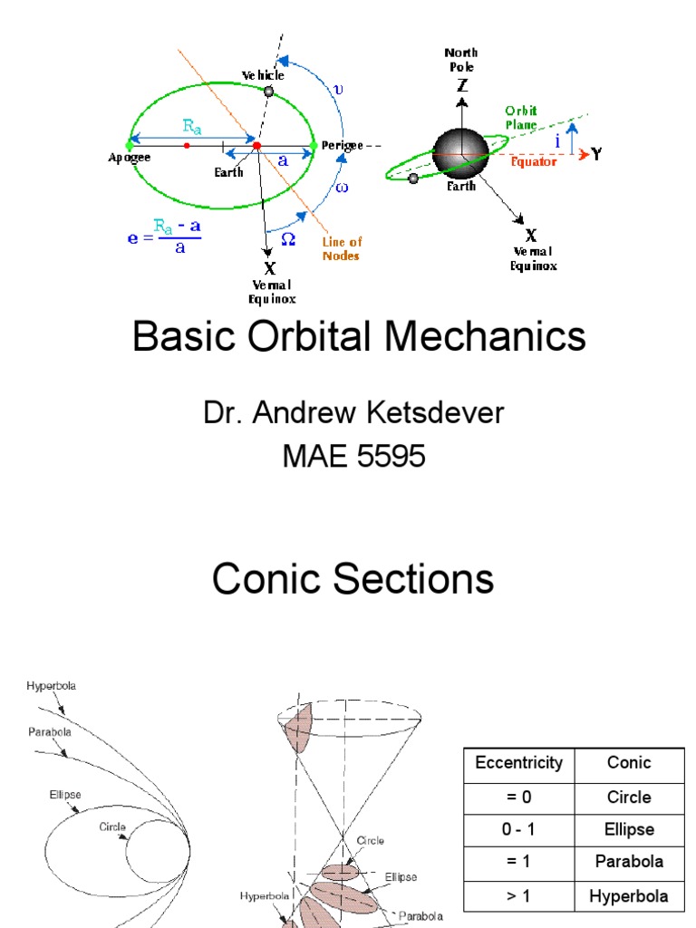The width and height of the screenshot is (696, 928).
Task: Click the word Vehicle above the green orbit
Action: pyautogui.click(x=262, y=75)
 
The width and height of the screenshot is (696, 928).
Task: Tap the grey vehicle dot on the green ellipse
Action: pyautogui.click(x=268, y=91)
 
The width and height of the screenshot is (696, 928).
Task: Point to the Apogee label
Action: pyautogui.click(x=130, y=158)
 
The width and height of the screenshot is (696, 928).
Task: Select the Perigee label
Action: pyautogui.click(x=342, y=145)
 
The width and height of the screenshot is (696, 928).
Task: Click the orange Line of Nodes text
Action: pyautogui.click(x=341, y=247)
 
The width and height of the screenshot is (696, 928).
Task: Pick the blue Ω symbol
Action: pyautogui.click(x=288, y=238)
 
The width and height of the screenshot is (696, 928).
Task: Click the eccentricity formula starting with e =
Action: pyautogui.click(x=164, y=238)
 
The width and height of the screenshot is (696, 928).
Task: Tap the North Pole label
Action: pyautogui.click(x=461, y=60)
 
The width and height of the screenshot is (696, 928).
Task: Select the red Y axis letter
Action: pyautogui.click(x=597, y=154)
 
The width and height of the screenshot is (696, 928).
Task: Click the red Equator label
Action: pyautogui.click(x=534, y=162)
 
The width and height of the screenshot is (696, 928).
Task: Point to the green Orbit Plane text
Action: pyautogui.click(x=521, y=117)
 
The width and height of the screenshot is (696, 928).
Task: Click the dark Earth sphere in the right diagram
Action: pyautogui.click(x=460, y=152)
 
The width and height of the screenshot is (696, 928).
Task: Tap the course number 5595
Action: pyautogui.click(x=391, y=457)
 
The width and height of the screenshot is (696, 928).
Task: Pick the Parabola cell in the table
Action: pyautogui.click(x=629, y=861)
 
